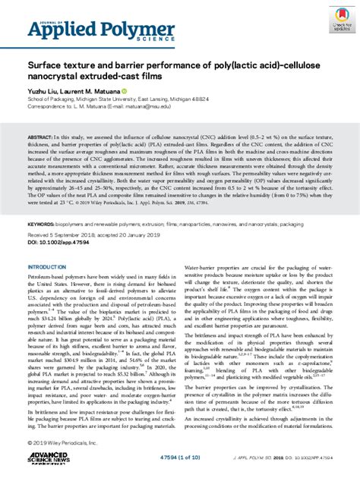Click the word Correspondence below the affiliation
click(x=48, y=106)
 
